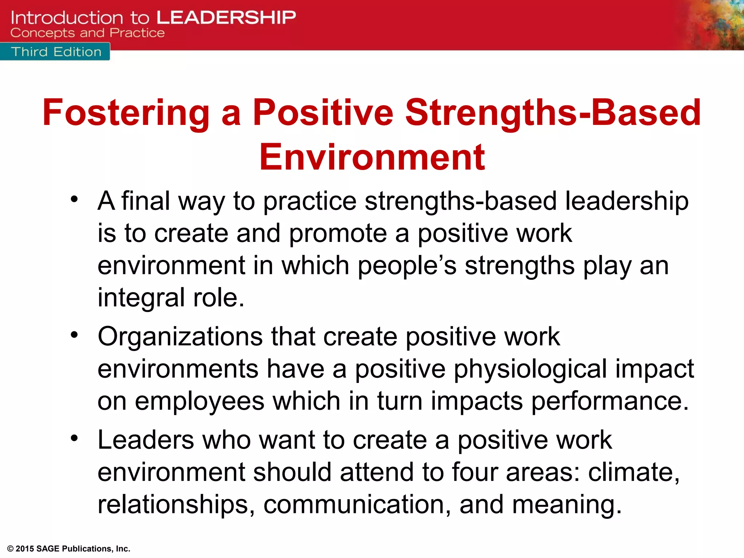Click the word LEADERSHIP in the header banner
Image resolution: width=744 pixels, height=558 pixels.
pyautogui.click(x=226, y=17)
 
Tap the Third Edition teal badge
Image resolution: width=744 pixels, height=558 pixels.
pyautogui.click(x=56, y=52)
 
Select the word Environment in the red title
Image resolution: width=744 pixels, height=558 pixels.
pyautogui.click(x=372, y=157)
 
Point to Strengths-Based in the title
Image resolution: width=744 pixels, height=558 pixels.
pyautogui.click(x=553, y=113)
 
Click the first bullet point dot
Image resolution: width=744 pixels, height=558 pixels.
pyautogui.click(x=74, y=199)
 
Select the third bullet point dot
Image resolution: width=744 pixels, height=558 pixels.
pyautogui.click(x=74, y=438)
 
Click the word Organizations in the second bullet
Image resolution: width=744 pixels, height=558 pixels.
pyautogui.click(x=180, y=337)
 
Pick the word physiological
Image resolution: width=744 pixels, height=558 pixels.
pyautogui.click(x=530, y=369)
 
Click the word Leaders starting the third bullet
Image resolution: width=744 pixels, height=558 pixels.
pyautogui.click(x=146, y=440)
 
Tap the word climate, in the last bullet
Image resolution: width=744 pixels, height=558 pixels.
pyautogui.click(x=634, y=472)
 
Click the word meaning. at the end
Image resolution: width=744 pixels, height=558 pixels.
pyautogui.click(x=567, y=505)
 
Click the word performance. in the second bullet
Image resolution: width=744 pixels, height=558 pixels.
pyautogui.click(x=610, y=401)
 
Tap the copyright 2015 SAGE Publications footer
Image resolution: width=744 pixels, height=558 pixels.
pyautogui.click(x=69, y=549)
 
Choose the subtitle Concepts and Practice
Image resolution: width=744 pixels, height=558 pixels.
pyautogui.click(x=88, y=33)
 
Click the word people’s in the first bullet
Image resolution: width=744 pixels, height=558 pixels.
pyautogui.click(x=407, y=266)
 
